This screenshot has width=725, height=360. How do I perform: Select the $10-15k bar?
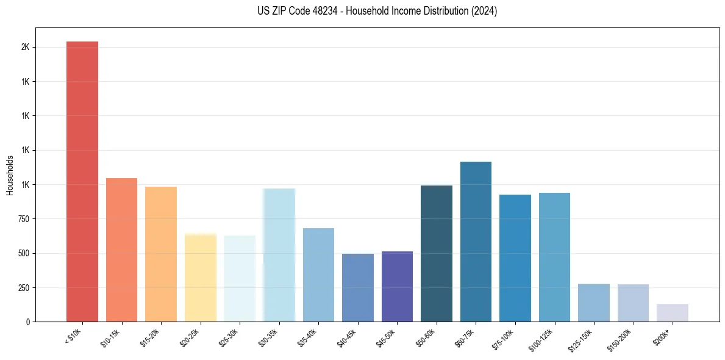(121, 250)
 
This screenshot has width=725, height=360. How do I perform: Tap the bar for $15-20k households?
(161, 254)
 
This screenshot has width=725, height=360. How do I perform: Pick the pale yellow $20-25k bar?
(201, 277)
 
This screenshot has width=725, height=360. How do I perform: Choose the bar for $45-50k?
(397, 286)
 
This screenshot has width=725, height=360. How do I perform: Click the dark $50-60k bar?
(437, 253)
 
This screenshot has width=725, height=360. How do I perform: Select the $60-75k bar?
(476, 241)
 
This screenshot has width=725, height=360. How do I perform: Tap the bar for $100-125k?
(554, 257)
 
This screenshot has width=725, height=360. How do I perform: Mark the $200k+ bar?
(673, 312)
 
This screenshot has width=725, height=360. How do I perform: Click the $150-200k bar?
(633, 303)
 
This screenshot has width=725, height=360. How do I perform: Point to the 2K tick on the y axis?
(25, 48)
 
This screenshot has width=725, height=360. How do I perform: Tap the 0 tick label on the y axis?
(27, 322)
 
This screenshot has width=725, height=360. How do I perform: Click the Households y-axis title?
(10, 175)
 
